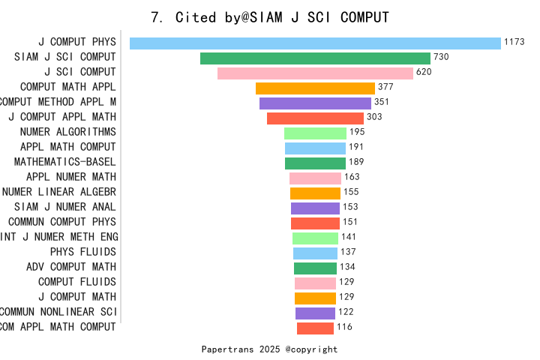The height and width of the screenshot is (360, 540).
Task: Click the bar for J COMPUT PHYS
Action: point(315,43)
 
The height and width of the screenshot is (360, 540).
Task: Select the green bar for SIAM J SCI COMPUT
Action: point(315,58)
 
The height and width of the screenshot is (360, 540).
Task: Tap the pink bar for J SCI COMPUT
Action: point(315,73)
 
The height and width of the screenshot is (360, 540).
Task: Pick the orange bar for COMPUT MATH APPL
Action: point(315,88)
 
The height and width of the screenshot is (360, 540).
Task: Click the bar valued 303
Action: point(315,118)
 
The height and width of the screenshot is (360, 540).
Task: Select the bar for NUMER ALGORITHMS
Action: point(315,133)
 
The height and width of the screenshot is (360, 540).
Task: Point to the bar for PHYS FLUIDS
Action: point(315,253)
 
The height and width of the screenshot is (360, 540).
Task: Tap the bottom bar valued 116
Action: point(315,328)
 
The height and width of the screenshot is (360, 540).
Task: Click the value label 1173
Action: point(514,43)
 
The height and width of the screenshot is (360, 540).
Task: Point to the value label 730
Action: point(441,58)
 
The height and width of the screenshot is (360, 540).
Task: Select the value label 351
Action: point(382,103)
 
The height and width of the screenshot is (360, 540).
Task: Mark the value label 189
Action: point(356,163)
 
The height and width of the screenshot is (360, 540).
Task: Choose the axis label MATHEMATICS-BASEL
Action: point(65,162)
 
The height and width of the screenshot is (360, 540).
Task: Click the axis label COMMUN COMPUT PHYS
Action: point(62,222)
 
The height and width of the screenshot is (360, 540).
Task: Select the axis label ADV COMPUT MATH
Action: point(71,267)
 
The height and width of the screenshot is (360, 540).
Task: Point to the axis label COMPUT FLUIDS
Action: point(77,282)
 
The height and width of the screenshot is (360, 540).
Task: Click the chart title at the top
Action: point(270,17)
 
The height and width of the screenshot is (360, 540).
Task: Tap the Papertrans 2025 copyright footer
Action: point(270,349)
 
